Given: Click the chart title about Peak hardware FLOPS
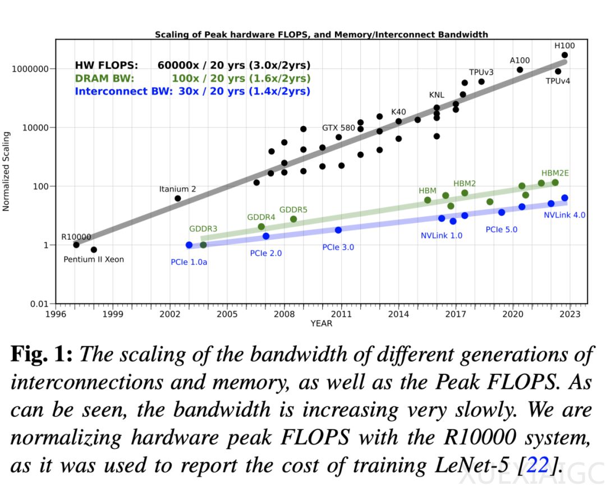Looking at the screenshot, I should click(x=321, y=35).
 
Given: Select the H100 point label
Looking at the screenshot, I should click(x=564, y=45).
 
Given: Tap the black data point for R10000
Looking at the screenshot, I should click(x=76, y=245).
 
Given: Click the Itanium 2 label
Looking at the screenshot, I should click(x=177, y=189).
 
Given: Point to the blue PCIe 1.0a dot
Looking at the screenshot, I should click(x=189, y=245).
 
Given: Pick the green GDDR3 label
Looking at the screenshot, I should click(x=203, y=229).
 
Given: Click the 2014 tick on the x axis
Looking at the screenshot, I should click(x=398, y=313).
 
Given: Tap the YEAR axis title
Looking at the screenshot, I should click(x=321, y=323).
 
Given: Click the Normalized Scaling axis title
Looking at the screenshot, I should click(x=7, y=171).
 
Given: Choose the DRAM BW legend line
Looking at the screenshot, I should click(x=192, y=79).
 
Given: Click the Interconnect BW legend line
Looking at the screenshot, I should click(x=192, y=91).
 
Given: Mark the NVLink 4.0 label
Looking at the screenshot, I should click(x=564, y=214).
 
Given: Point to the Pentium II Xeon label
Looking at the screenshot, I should click(x=94, y=259).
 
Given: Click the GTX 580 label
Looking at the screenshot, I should click(x=338, y=128).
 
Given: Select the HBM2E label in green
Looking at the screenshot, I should click(x=555, y=173).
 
